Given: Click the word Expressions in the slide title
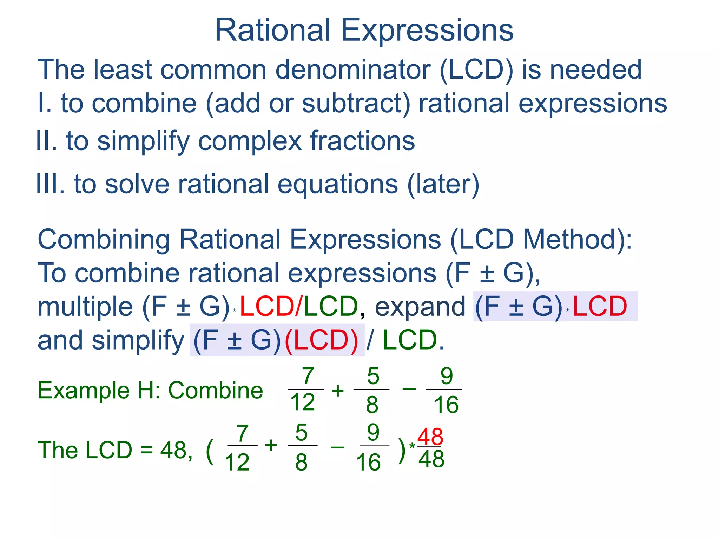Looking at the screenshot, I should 427,31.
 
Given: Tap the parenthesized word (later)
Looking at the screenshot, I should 443,184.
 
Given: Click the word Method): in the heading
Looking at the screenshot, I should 578,240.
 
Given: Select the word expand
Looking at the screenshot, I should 420,306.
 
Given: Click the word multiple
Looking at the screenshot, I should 85,306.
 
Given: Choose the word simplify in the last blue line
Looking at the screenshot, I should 138,340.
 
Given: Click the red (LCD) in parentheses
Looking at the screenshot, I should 321,340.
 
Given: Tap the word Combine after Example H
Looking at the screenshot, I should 216,390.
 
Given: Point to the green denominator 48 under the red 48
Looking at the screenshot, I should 431,459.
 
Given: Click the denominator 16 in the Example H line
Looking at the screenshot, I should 446,405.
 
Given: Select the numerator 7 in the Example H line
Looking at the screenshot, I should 308,376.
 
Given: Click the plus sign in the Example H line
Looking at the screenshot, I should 338,391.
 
